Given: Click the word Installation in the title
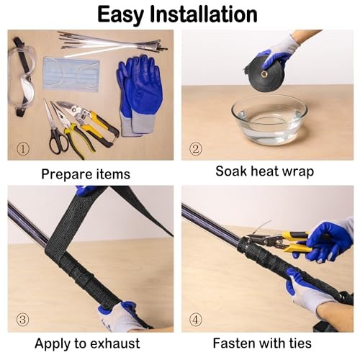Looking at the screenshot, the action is (204, 14).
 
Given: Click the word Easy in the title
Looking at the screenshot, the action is (120, 15).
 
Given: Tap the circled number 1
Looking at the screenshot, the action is (23, 149).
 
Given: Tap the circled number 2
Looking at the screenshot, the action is (196, 149).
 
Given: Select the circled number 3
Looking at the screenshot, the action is (22, 320).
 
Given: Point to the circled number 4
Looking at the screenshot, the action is (196, 320).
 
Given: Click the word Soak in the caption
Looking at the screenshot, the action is (231, 171).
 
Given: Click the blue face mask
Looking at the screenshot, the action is (71, 74).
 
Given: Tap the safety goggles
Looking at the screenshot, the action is (21, 77).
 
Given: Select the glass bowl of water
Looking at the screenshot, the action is (269, 119).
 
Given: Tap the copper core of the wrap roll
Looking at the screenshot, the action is (265, 74).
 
